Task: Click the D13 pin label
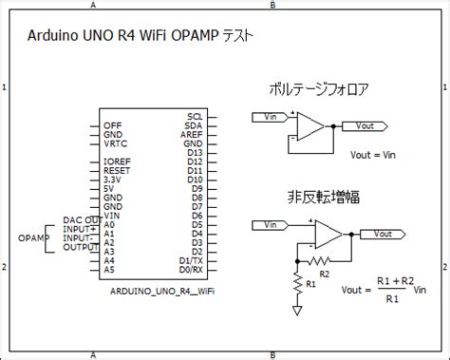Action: point(195,152)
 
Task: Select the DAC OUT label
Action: point(82,219)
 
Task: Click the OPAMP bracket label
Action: point(33,237)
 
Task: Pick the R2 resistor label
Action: point(324,274)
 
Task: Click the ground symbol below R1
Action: point(298,309)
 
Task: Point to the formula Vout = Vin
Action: point(371,154)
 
